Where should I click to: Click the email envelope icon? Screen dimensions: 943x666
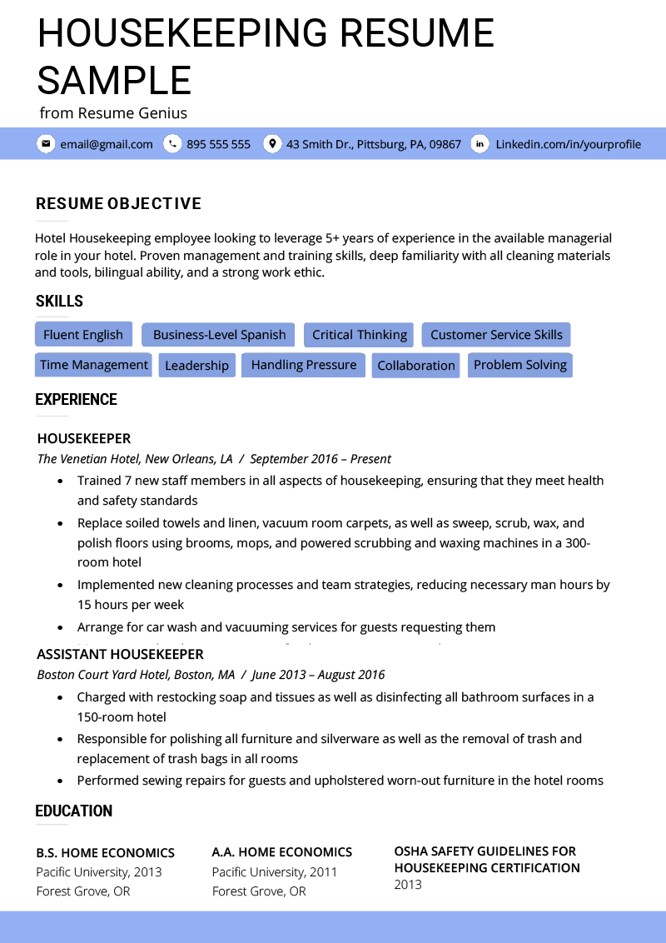46,144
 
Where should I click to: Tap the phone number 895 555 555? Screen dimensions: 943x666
218,144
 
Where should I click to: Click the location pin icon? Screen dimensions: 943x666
271,144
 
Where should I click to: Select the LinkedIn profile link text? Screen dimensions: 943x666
568,144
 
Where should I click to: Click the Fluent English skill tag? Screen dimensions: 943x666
83,335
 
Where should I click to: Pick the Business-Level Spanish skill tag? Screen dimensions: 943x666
219,335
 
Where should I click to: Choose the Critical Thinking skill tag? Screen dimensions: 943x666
359,335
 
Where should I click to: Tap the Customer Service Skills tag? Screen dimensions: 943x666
496,335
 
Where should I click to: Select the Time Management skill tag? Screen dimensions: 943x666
93,365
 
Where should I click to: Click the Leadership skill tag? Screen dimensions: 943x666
196,366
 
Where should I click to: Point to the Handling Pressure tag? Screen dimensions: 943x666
303,365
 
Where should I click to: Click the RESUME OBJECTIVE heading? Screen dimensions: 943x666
118,204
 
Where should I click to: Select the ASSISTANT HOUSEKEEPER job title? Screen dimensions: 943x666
120,654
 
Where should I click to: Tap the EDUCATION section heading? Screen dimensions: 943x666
73,811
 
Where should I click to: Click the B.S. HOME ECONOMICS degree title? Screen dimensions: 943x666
105,853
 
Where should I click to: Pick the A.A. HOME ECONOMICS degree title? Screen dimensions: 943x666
281,852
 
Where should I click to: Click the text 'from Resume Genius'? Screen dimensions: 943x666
113,113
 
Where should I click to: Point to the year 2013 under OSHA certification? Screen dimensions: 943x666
408,885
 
